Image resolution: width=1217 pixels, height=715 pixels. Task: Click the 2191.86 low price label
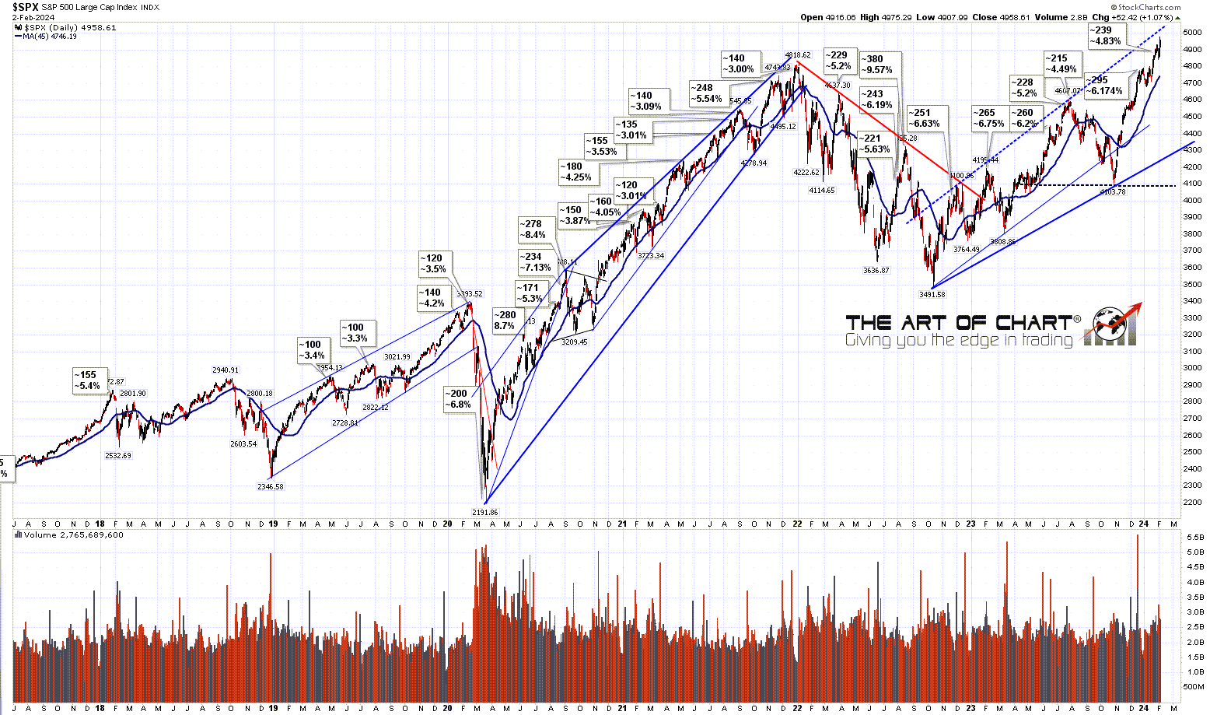point(484,513)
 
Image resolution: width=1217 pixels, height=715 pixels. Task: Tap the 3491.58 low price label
point(931,295)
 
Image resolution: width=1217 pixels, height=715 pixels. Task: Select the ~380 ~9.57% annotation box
point(880,64)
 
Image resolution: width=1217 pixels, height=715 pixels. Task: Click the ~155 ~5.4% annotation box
point(87,380)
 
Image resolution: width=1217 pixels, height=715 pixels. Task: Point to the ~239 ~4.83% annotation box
point(1104,36)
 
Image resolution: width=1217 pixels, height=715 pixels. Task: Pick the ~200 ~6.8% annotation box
point(458,399)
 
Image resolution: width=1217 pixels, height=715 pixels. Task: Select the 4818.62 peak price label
point(798,55)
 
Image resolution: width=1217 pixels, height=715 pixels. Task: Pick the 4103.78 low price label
point(1113,191)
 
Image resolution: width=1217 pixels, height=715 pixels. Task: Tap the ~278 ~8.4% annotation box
point(533,230)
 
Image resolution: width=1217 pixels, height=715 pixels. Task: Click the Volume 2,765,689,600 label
point(73,535)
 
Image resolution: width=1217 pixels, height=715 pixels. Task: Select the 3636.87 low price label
point(876,271)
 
